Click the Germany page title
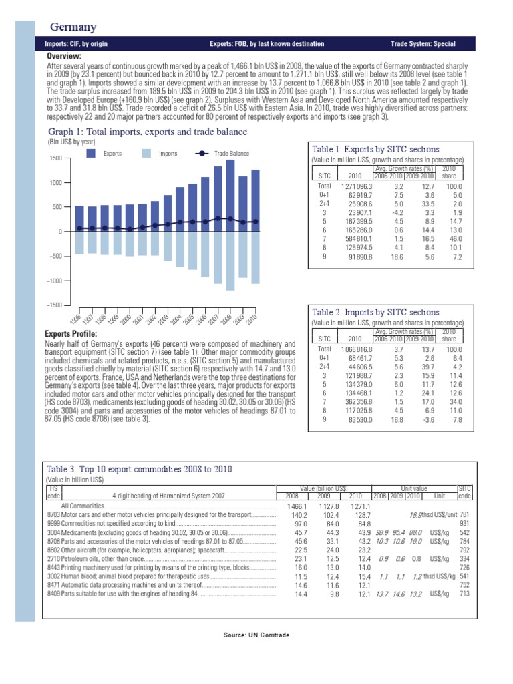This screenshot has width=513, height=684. pyautogui.click(x=73, y=27)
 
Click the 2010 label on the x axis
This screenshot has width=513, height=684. pyautogui.click(x=252, y=319)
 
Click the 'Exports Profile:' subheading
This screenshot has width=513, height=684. pyautogui.click(x=71, y=333)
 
